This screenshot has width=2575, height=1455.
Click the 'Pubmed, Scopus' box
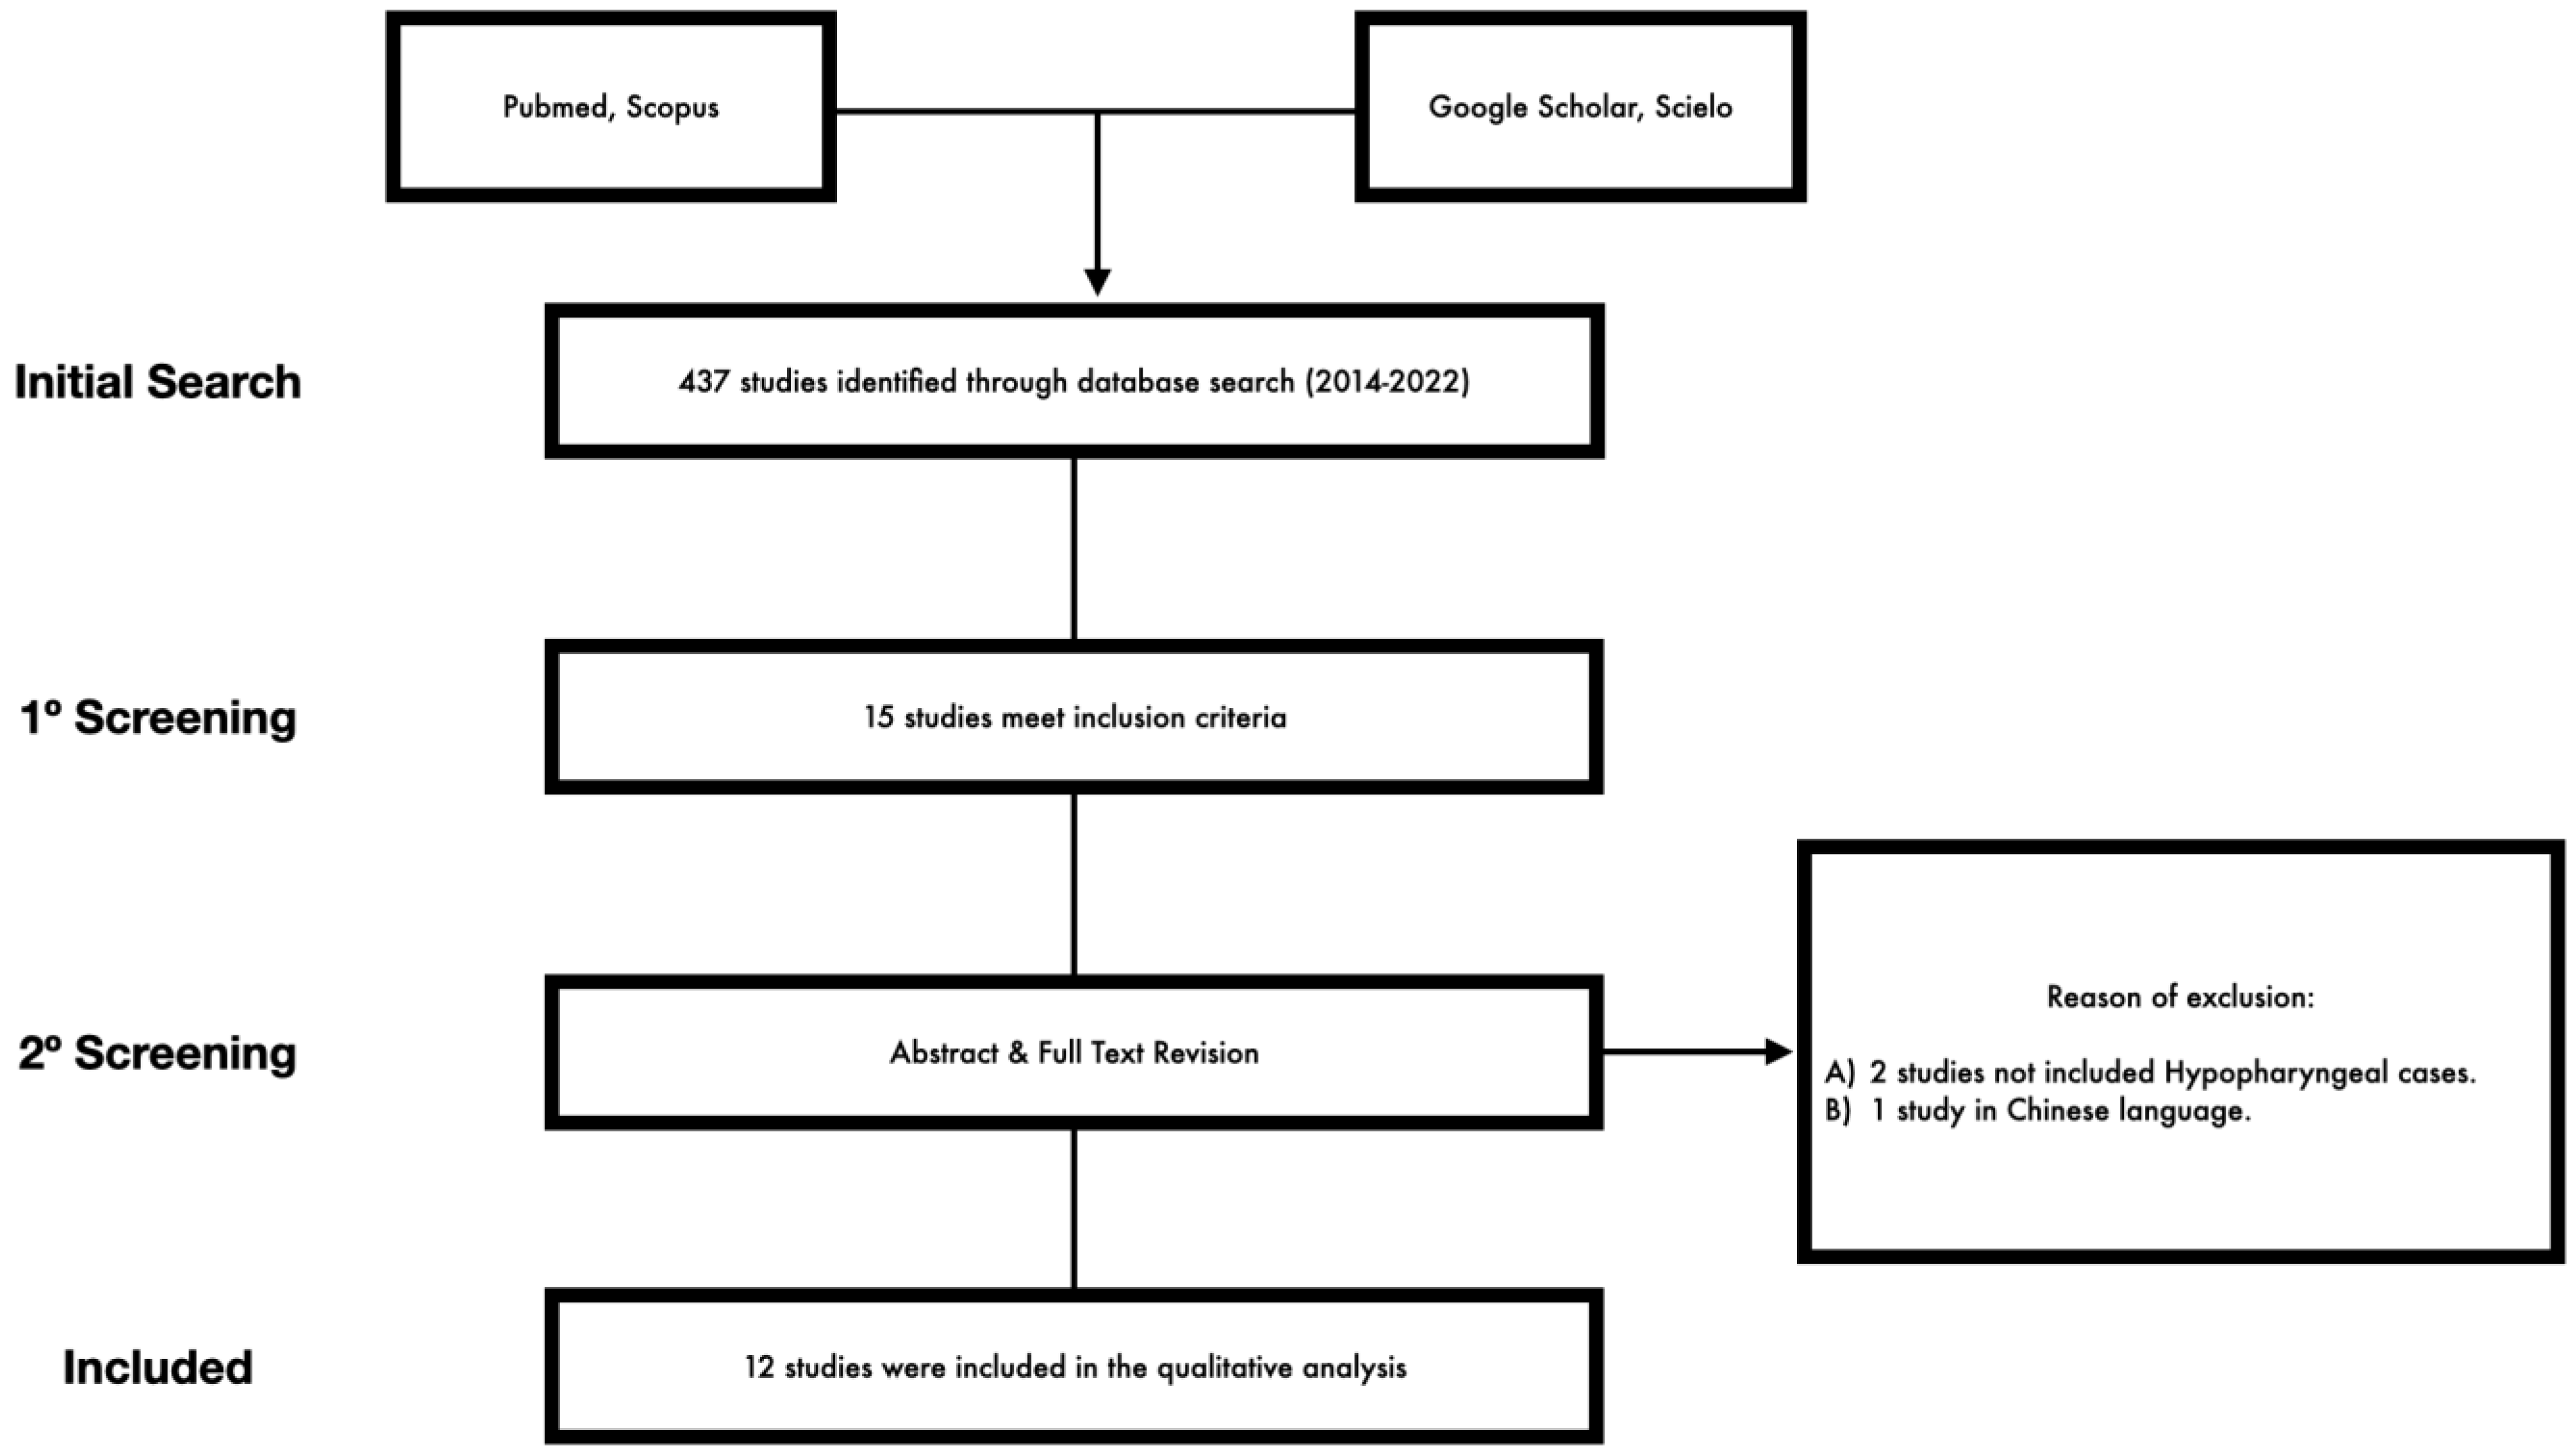pyautogui.click(x=611, y=107)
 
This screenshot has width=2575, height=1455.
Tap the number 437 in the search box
pyautogui.click(x=704, y=382)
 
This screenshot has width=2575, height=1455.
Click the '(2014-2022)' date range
pyautogui.click(x=1387, y=382)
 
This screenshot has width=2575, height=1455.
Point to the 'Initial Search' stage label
pyautogui.click(x=157, y=382)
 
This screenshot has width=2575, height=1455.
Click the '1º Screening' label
pyautogui.click(x=158, y=718)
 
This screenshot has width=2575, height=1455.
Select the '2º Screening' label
pyautogui.click(x=158, y=1052)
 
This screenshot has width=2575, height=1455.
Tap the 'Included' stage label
pyautogui.click(x=157, y=1367)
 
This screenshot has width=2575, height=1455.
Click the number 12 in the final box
pyautogui.click(x=759, y=1367)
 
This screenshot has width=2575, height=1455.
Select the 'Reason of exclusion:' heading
pyautogui.click(x=2180, y=998)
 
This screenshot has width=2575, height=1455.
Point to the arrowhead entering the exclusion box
pyautogui.click(x=1779, y=1051)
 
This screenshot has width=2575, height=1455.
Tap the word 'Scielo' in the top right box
pyautogui.click(x=1693, y=107)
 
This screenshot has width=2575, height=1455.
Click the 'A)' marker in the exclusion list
pyautogui.click(x=1839, y=1073)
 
